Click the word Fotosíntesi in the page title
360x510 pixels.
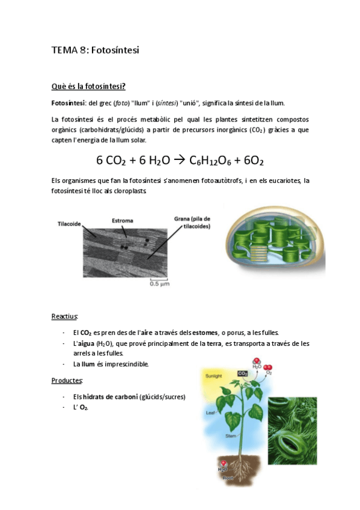coord(114,51)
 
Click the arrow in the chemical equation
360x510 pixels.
coord(179,161)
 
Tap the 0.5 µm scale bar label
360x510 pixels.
coord(157,284)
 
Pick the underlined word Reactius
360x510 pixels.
coord(64,316)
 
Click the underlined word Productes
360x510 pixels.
coord(66,380)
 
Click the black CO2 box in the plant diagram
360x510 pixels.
coord(243,373)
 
